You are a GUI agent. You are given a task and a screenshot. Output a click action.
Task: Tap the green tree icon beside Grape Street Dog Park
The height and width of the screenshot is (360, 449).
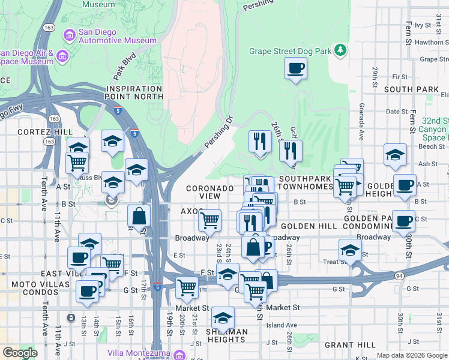(340, 49)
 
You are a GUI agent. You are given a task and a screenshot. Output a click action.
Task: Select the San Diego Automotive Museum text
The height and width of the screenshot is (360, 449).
(118, 36)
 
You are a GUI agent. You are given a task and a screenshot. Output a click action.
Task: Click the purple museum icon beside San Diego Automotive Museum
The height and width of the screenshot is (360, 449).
(71, 35)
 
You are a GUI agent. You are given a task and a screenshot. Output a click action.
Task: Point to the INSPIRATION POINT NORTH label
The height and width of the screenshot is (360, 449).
(134, 92)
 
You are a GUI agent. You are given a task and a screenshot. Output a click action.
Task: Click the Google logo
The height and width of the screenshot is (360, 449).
(20, 353)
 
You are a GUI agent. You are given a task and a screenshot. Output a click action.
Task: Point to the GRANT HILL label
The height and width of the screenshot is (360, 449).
(350, 345)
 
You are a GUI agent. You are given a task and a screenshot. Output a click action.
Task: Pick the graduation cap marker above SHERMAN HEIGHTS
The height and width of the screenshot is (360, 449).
(223, 318)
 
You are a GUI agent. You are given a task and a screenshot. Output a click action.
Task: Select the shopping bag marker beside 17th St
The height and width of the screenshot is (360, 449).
(139, 217)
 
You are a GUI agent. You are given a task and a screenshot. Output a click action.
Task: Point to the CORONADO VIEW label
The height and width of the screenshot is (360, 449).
(209, 192)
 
